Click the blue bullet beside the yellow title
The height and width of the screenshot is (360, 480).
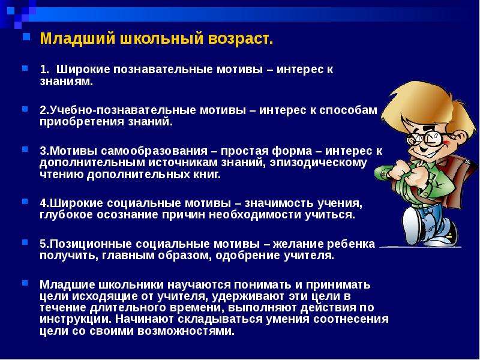(26, 37)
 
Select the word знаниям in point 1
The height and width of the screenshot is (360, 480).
(66, 82)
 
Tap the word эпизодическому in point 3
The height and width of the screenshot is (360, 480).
(318, 163)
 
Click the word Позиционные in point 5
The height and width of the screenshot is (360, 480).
(91, 244)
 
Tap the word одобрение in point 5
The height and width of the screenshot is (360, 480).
(248, 256)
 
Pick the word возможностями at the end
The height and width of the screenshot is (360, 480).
(186, 331)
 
